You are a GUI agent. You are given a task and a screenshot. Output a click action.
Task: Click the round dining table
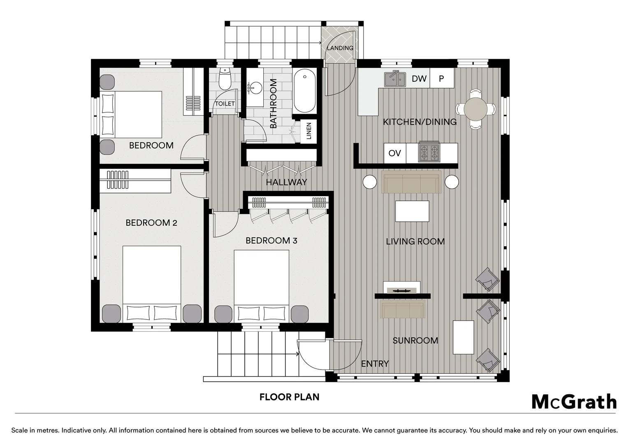476,109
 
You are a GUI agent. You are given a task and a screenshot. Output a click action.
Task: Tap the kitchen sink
395,79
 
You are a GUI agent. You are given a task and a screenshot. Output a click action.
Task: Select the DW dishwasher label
419,79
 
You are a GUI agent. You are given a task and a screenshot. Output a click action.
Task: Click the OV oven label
395,153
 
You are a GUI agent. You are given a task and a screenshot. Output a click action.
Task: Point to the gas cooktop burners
429,152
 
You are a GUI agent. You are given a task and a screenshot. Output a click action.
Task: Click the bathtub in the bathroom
304,91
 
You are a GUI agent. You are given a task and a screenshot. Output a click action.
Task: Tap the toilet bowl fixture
225,79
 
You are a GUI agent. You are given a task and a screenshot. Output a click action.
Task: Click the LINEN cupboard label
309,131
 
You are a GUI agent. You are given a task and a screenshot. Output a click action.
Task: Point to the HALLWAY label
286,183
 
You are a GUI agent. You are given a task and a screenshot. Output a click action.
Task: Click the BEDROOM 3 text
271,240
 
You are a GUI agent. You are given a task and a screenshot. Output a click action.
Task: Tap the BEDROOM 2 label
151,223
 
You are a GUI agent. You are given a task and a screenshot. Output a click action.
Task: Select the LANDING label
340,48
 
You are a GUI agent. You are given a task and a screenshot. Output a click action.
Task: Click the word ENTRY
375,364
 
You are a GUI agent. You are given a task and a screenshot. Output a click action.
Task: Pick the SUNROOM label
415,341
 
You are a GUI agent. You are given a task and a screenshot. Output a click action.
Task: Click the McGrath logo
574,402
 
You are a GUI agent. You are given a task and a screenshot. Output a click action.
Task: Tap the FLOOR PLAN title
289,397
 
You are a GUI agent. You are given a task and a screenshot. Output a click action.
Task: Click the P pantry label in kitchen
441,79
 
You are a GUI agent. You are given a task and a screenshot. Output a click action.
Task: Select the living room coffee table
412,211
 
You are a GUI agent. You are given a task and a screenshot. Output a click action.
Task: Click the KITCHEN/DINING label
420,122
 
